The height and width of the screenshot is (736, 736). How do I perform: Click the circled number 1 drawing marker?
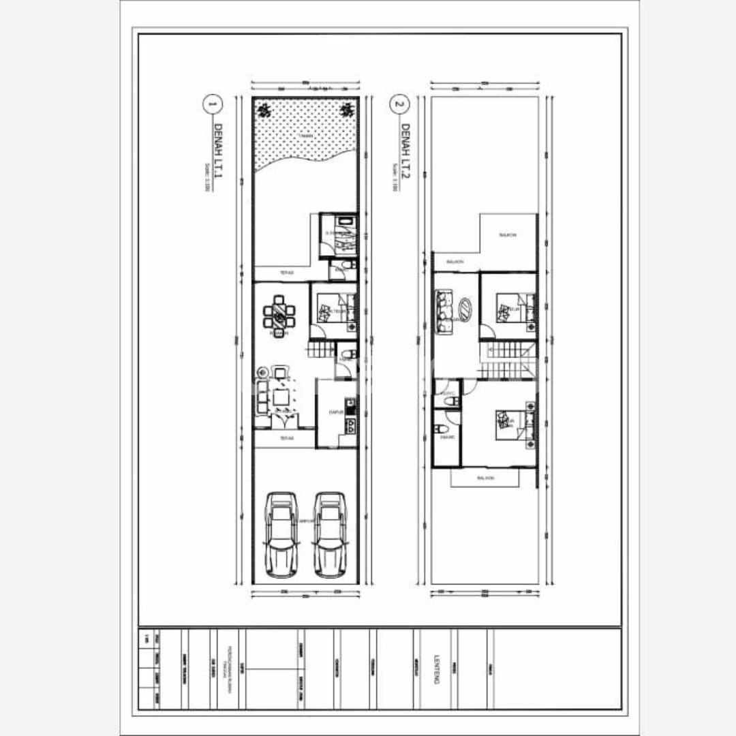click(212, 105)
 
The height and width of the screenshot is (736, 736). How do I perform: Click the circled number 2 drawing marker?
click(399, 105)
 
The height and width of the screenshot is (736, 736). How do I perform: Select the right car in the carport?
click(329, 534)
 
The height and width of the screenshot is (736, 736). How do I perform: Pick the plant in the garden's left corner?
click(263, 108)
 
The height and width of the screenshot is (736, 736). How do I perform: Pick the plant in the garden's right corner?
click(348, 108)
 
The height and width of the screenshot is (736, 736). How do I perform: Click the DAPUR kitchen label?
click(335, 412)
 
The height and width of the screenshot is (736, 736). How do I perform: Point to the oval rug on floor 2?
click(464, 309)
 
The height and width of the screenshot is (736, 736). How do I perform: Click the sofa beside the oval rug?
click(443, 312)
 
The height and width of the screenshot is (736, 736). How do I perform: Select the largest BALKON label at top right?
click(508, 235)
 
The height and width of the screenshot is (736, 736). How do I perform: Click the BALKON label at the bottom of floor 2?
click(485, 478)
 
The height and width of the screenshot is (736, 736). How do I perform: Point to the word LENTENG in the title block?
click(436, 669)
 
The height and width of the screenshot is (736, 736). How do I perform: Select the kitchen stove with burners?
click(350, 427)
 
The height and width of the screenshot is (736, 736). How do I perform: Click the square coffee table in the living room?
click(281, 396)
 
